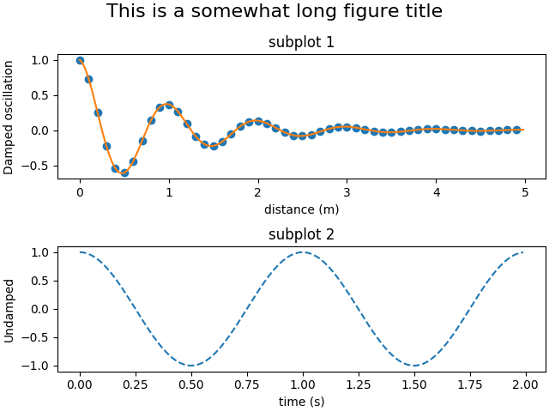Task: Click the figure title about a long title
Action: coord(274,12)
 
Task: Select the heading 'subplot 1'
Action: coord(301,42)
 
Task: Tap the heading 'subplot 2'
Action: coord(301,234)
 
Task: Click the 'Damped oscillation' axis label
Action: coord(9,117)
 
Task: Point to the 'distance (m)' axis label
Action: coord(301,209)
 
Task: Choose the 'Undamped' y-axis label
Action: coord(9,309)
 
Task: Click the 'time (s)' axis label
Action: coord(301,402)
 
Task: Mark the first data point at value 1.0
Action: coord(80,60)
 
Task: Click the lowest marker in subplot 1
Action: coord(124,173)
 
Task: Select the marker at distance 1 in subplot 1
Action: coord(169,105)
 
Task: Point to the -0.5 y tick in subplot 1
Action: coord(36,166)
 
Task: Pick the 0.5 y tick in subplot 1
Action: coord(39,95)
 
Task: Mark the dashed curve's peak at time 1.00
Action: coord(302,252)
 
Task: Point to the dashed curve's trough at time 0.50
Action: coord(191,366)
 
